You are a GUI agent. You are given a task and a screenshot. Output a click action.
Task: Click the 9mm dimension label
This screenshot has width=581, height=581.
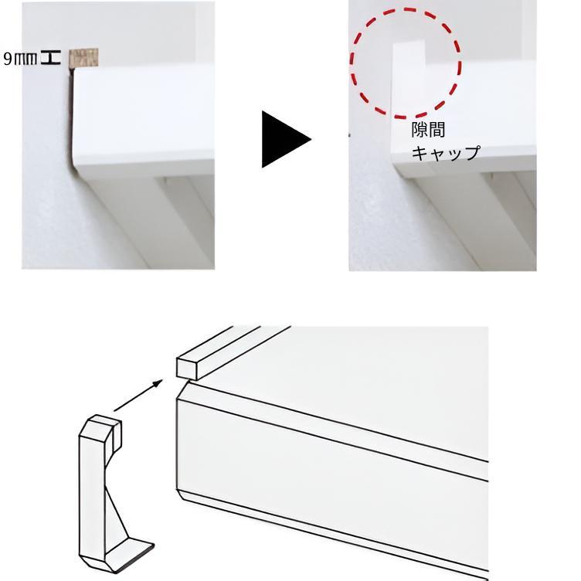click(x=20, y=59)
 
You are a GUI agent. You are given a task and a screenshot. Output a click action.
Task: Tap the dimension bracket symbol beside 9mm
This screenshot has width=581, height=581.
click(x=51, y=59)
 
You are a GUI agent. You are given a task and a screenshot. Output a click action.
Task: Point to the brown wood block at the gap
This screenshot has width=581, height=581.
click(x=83, y=58)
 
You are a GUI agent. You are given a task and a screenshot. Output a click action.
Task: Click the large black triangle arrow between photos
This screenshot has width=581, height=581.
click(x=286, y=139)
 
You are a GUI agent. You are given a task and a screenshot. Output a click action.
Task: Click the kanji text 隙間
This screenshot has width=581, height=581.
click(x=428, y=130)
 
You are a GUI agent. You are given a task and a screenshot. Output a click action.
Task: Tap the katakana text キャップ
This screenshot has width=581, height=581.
click(x=446, y=153)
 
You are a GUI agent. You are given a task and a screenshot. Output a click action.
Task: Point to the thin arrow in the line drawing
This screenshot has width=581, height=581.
click(x=138, y=396)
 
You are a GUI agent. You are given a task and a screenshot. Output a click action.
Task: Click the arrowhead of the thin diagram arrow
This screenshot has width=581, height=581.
click(x=158, y=382)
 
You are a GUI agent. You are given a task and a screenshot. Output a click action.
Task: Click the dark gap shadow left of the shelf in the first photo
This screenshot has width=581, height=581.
click(x=70, y=118)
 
